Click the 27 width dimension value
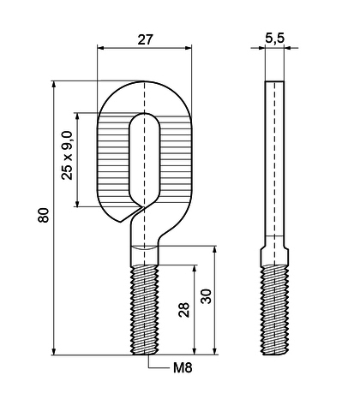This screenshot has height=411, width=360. [145, 40]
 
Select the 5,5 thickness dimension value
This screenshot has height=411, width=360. [274, 38]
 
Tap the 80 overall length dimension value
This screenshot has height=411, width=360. [44, 216]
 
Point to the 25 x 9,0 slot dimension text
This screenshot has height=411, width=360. [67, 155]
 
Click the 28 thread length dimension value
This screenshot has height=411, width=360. [184, 310]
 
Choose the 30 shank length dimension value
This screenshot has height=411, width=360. [206, 296]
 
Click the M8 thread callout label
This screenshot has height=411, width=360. [183, 368]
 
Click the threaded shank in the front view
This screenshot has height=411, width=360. [144, 310]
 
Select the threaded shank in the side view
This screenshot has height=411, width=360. [274, 310]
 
